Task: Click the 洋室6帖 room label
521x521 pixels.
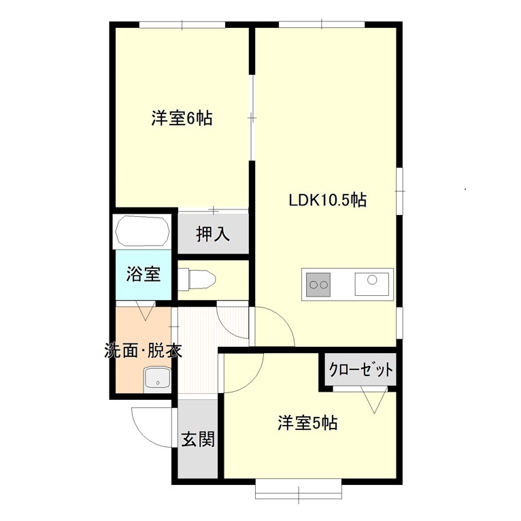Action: tap(182, 118)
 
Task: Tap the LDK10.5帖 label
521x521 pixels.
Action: tap(328, 200)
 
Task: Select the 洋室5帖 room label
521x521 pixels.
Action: tap(307, 423)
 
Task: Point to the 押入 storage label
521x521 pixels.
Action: tap(213, 234)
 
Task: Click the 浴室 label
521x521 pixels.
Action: tap(144, 274)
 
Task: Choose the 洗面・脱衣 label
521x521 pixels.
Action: tap(144, 350)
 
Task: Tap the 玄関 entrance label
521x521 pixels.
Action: tap(198, 439)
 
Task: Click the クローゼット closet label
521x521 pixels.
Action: tap(361, 369)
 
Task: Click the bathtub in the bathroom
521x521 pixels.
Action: tap(142, 231)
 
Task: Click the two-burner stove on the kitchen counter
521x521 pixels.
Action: tap(318, 284)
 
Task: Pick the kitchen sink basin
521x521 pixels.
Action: tap(372, 284)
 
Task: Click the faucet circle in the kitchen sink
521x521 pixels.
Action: tap(372, 280)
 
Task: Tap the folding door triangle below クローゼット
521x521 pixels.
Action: tap(374, 400)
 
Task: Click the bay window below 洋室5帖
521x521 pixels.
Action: tap(299, 489)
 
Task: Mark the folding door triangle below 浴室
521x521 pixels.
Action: tap(146, 310)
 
